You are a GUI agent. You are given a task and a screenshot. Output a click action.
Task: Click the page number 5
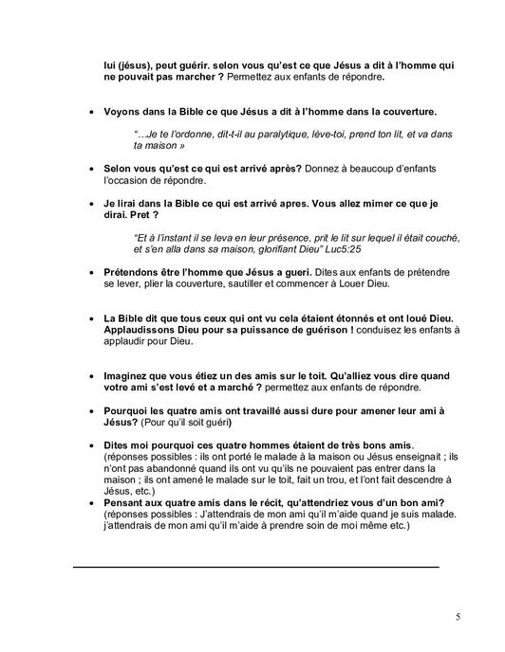pos(458,617)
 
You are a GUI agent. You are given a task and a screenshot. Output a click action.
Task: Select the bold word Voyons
pos(124,109)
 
